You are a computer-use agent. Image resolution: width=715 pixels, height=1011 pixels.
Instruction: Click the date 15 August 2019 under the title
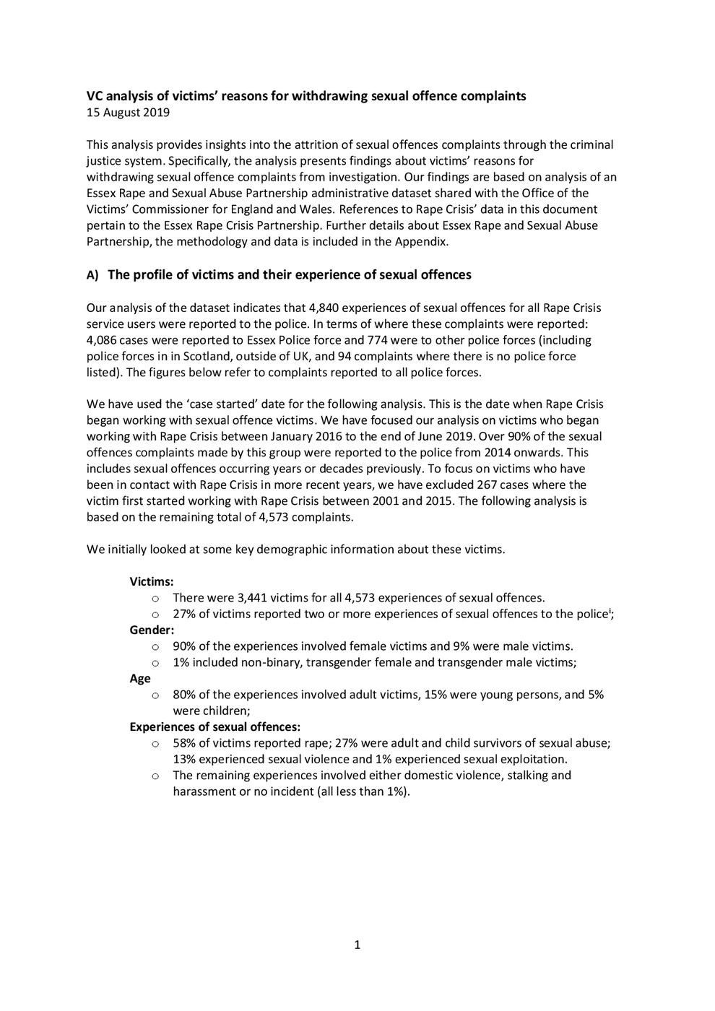(x=128, y=112)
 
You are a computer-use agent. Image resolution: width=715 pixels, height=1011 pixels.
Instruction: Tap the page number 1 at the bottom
(x=357, y=945)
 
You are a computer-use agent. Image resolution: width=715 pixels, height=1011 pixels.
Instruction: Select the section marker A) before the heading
(x=92, y=275)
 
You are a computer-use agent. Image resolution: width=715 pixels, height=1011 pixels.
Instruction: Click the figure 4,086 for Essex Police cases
(x=103, y=339)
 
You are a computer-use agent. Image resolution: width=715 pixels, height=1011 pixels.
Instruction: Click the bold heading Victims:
(x=151, y=581)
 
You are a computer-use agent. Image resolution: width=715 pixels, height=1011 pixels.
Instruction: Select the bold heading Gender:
(x=152, y=630)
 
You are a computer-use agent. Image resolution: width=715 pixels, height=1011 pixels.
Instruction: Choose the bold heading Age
(x=140, y=678)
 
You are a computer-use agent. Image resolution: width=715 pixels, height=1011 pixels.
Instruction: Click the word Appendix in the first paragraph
(x=421, y=241)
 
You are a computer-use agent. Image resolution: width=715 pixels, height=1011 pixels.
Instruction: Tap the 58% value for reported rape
(x=185, y=742)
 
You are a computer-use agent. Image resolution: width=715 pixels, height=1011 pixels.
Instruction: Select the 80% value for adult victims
(x=185, y=694)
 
